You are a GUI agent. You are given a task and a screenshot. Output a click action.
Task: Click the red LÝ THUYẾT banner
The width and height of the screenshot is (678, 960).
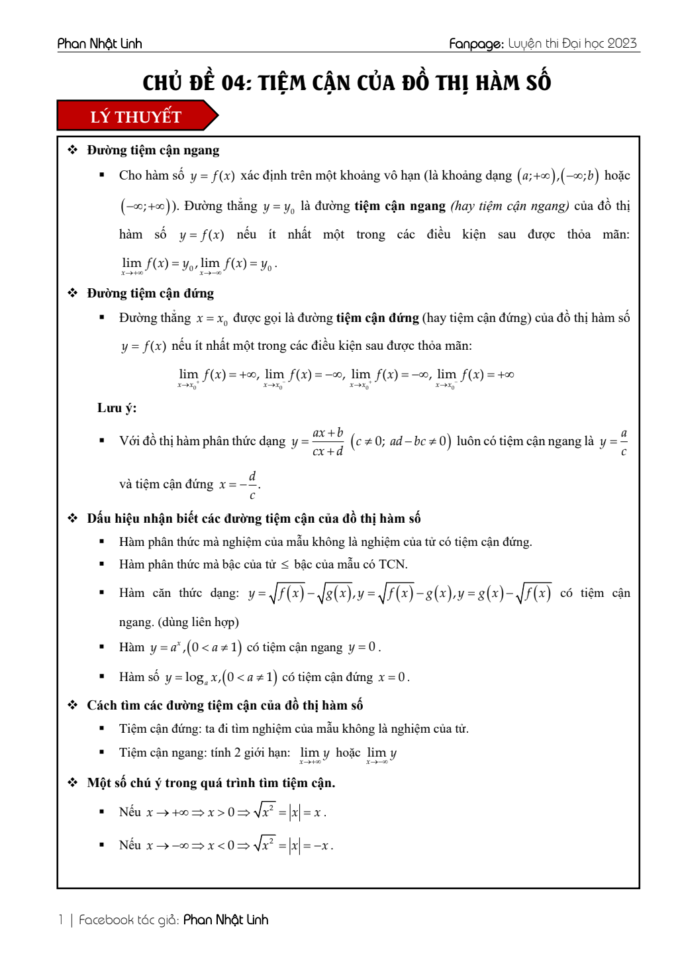pyautogui.click(x=136, y=117)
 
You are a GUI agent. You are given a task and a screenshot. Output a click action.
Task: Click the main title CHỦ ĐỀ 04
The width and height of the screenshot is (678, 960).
pyautogui.click(x=346, y=83)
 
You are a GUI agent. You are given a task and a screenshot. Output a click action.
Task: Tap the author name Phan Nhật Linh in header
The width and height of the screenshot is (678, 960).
pyautogui.click(x=100, y=44)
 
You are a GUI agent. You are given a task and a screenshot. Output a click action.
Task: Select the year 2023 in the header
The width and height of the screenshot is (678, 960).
pyautogui.click(x=622, y=44)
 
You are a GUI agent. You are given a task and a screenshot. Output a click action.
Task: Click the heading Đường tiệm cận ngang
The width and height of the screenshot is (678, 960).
pyautogui.click(x=153, y=150)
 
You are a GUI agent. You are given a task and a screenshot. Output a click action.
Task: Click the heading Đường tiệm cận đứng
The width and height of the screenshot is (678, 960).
pyautogui.click(x=150, y=293)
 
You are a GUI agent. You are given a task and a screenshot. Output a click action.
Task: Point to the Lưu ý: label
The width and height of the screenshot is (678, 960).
pyautogui.click(x=117, y=408)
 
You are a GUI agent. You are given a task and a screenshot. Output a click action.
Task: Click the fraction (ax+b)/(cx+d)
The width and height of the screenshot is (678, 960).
pyautogui.click(x=328, y=442)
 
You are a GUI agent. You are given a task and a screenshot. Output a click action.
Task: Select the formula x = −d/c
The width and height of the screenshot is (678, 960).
pyautogui.click(x=239, y=485)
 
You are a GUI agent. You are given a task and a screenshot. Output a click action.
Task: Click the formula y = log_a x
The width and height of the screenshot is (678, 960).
pyautogui.click(x=192, y=677)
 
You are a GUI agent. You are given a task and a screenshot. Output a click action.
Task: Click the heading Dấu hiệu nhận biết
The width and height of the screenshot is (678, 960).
pyautogui.click(x=254, y=518)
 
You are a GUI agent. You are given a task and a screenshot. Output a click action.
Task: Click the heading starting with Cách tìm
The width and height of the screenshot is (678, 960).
pyautogui.click(x=224, y=705)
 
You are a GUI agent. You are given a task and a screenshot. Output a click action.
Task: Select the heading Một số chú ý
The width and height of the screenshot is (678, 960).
pyautogui.click(x=211, y=782)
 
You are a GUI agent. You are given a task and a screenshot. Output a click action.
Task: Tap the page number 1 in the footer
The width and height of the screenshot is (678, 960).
pyautogui.click(x=61, y=920)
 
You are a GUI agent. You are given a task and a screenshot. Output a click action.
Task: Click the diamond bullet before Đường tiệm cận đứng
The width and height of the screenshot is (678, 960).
pyautogui.click(x=73, y=293)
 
